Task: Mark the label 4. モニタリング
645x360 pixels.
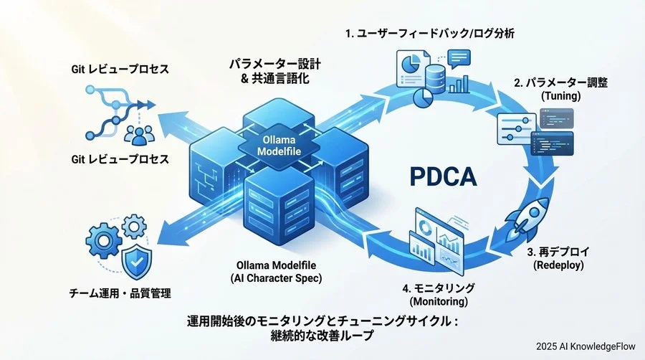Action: (438, 288)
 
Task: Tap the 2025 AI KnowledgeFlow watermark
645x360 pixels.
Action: (585, 344)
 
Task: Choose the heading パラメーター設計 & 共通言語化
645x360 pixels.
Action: (274, 72)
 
